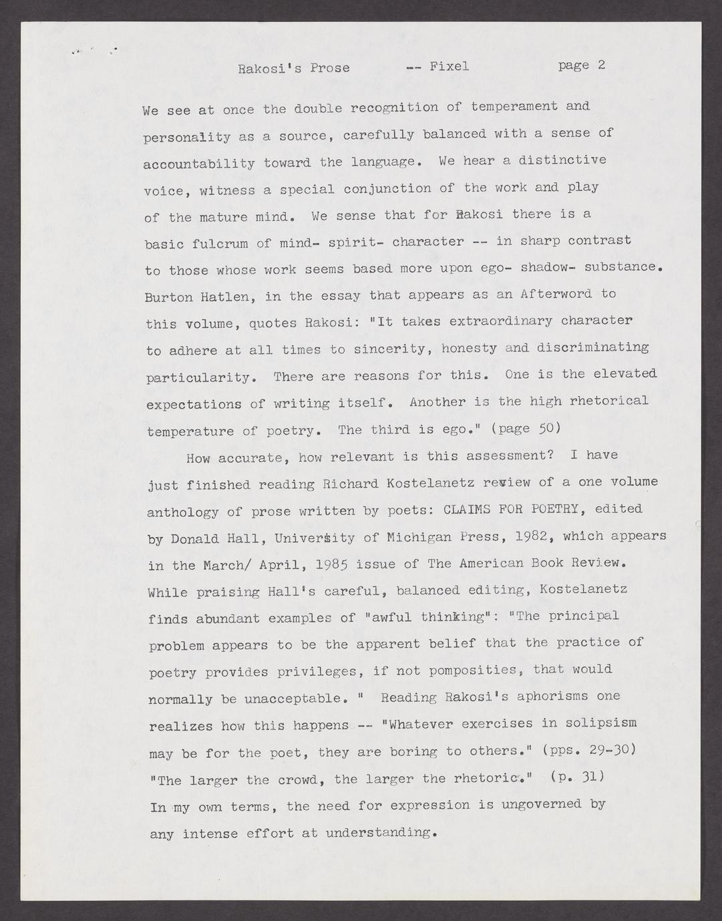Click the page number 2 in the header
601,65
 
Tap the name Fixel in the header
449,66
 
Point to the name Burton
168,297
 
